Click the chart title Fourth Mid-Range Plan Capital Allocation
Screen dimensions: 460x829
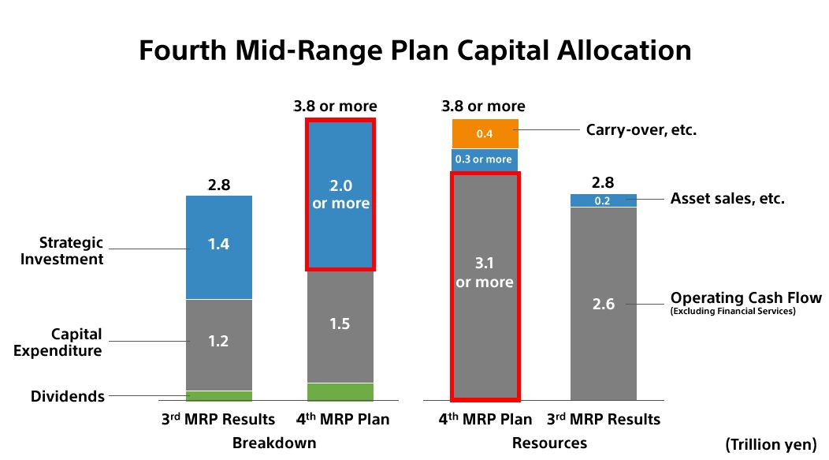pyautogui.click(x=414, y=50)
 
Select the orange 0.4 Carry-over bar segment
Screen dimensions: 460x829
pyautogui.click(x=485, y=133)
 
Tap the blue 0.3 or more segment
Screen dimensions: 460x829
pyautogui.click(x=485, y=159)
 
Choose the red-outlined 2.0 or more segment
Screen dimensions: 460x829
pyautogui.click(x=340, y=194)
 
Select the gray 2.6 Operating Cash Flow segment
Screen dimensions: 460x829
pyautogui.click(x=604, y=304)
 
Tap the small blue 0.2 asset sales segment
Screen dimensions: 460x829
pyautogui.click(x=604, y=200)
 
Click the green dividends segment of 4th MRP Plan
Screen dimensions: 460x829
pyautogui.click(x=340, y=391)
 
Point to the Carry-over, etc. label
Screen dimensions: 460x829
pyautogui.click(x=641, y=129)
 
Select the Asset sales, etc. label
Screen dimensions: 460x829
pyautogui.click(x=727, y=199)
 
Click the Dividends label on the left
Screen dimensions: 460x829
pyautogui.click(x=68, y=396)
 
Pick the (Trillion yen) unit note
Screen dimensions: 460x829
pyautogui.click(x=771, y=445)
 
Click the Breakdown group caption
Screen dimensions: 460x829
pyautogui.click(x=274, y=443)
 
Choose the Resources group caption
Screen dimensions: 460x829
pyautogui.click(x=549, y=443)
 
